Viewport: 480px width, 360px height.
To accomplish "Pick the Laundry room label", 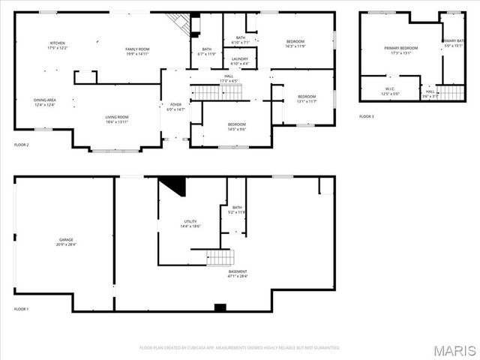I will (x=240, y=60).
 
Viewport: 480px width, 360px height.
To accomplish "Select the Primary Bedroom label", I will (x=400, y=50).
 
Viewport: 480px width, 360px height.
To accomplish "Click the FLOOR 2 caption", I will (x=21, y=144).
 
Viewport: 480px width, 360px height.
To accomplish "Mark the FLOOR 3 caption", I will (x=366, y=116).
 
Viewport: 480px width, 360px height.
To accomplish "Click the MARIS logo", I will (x=455, y=349).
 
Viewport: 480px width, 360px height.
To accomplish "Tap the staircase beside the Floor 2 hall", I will (x=217, y=92).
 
